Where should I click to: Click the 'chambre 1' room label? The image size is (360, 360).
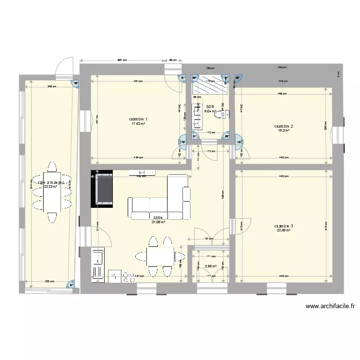tap(138, 119)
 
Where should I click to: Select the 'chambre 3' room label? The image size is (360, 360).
tap(284, 226)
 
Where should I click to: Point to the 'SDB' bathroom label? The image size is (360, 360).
tap(209, 107)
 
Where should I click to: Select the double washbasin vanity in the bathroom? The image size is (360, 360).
tap(196, 117)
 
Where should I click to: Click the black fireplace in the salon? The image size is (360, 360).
tap(102, 189)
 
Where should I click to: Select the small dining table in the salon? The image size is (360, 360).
tap(160, 256)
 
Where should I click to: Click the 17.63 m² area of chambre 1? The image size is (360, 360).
tap(138, 124)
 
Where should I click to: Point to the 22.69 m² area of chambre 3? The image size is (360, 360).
tap(284, 230)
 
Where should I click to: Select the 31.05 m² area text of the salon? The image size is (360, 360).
tap(158, 222)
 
